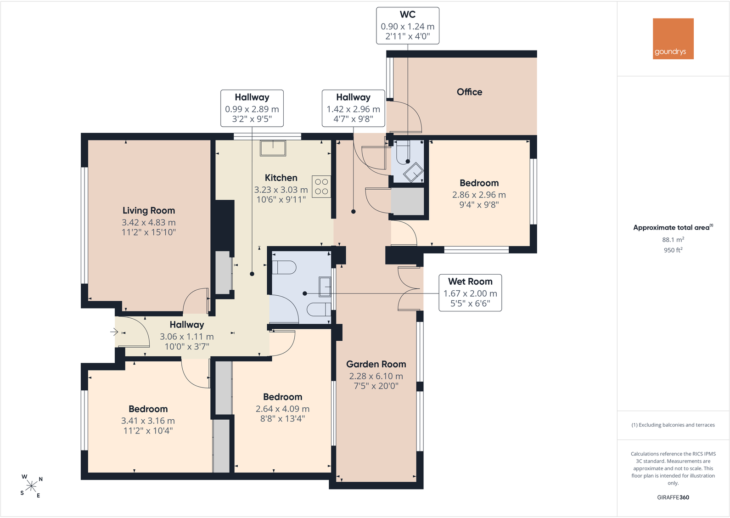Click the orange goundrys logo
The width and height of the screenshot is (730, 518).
(x=673, y=39)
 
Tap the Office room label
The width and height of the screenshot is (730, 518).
(x=469, y=92)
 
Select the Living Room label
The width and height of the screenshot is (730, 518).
(x=149, y=211)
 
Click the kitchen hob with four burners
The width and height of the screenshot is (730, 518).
(x=321, y=187)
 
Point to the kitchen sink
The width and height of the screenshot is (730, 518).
(x=273, y=148)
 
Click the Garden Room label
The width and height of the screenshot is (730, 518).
(x=376, y=364)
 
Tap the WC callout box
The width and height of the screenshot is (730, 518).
(x=408, y=25)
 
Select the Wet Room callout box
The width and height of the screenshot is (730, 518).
(x=470, y=293)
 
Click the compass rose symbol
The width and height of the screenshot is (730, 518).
(x=31, y=486)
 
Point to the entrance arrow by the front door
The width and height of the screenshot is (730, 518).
(x=114, y=332)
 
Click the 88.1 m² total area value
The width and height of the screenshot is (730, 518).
(x=673, y=240)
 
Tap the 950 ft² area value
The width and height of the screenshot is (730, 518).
(x=673, y=250)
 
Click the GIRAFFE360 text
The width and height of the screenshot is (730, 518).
(x=673, y=497)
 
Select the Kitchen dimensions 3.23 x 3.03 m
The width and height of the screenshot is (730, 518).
(x=281, y=190)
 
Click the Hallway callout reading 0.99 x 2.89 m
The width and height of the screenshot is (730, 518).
(x=252, y=108)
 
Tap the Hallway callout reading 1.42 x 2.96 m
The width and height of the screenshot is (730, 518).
(x=353, y=108)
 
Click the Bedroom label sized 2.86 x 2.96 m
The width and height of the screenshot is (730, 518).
(x=479, y=183)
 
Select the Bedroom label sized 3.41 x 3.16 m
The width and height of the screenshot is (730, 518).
(x=148, y=409)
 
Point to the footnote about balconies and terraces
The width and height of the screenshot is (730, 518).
(x=673, y=425)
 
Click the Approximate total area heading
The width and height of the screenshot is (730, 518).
(x=673, y=227)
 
